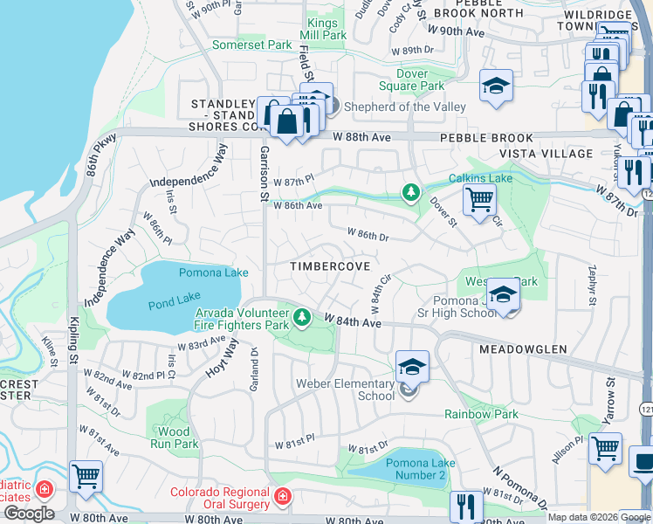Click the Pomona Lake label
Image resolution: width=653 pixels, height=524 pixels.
coord(213,272)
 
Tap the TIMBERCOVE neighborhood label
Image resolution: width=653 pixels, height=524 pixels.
coord(330,265)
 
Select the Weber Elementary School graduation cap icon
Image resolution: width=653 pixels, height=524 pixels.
coord(412,366)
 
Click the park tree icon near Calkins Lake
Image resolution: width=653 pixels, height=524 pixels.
coord(410,191)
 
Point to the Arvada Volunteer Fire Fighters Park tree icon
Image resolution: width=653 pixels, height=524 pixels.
coord(301,316)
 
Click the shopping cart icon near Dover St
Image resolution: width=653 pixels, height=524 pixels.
coord(478,200)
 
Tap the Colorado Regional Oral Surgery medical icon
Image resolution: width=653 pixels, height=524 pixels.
coord(282,498)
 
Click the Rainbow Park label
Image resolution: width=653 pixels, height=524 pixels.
coord(481,414)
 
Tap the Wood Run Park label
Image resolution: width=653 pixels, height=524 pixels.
coord(173,438)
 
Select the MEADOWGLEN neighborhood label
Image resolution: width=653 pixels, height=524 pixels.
coord(523,348)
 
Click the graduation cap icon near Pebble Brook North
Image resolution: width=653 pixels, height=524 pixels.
coord(496,86)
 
